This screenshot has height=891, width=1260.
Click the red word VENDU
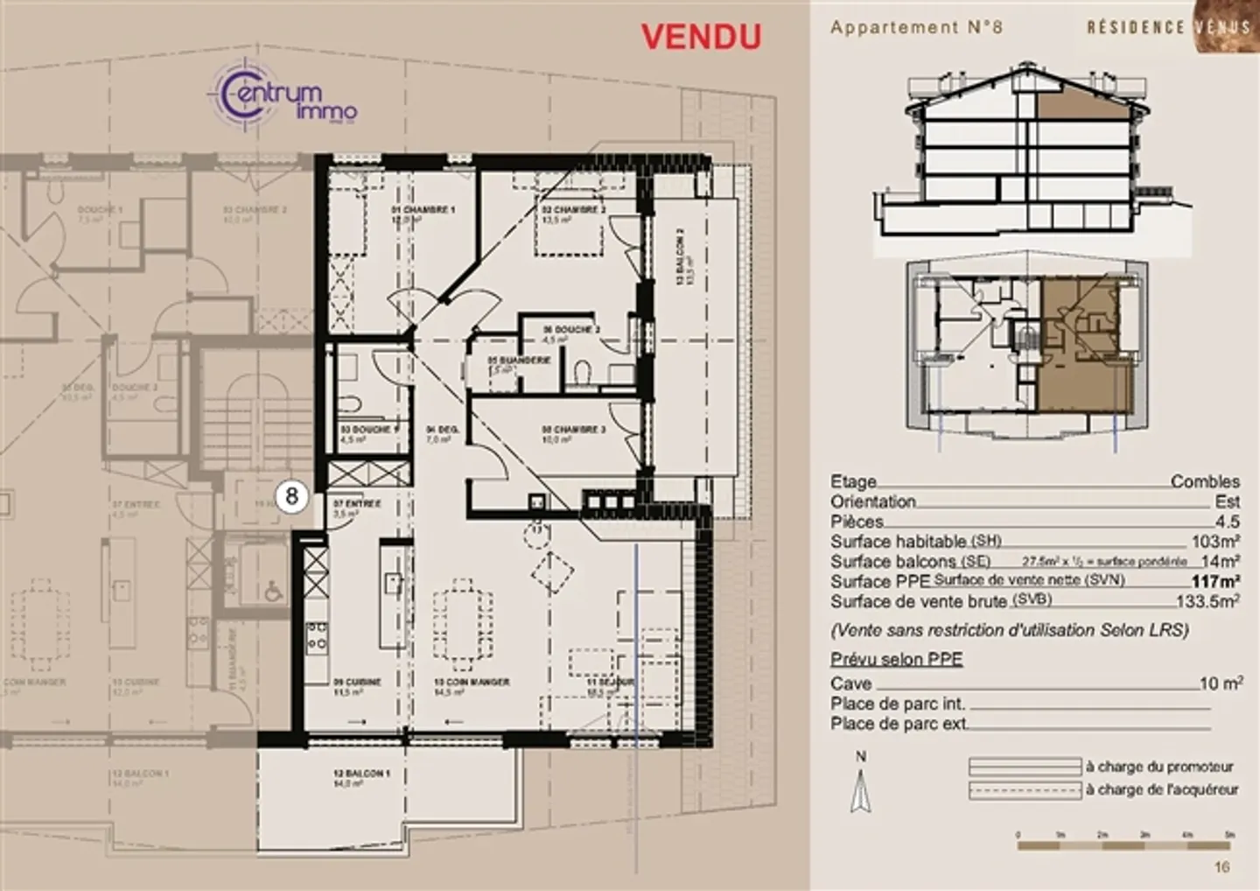(701, 36)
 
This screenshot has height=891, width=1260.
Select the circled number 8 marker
(292, 497)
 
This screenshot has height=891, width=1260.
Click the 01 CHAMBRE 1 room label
(422, 211)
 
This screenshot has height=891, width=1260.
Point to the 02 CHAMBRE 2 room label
(572, 210)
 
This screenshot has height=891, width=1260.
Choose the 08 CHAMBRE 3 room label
(573, 430)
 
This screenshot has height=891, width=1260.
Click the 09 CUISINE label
(357, 682)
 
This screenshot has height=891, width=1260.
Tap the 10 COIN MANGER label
(472, 682)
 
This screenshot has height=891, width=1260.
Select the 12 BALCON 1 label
(360, 775)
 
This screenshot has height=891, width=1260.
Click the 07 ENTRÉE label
(357, 504)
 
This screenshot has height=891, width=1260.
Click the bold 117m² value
(1215, 581)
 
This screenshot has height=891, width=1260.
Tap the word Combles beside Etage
(1205, 482)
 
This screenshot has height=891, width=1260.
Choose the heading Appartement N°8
(916, 27)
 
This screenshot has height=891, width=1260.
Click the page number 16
(1221, 866)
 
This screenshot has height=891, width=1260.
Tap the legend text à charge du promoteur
(1159, 767)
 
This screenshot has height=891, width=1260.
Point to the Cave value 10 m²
(1221, 684)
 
